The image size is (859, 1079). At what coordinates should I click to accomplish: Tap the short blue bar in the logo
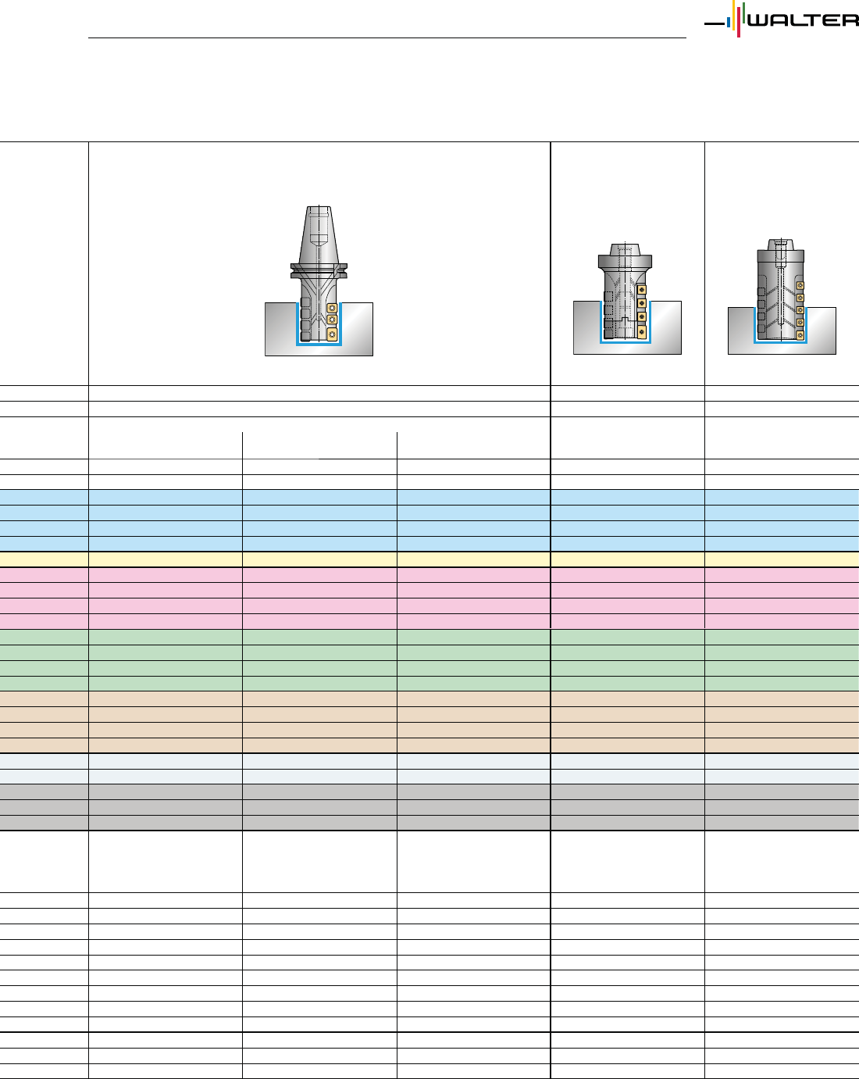[x=729, y=23]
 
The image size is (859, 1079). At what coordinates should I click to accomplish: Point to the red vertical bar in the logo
[x=739, y=24]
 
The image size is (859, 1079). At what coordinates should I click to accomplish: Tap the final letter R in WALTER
[x=850, y=20]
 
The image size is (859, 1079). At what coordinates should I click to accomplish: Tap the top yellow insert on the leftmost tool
[x=333, y=309]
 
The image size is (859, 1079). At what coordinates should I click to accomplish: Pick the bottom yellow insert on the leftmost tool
[x=333, y=335]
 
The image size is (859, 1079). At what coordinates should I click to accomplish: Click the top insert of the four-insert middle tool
[x=641, y=290]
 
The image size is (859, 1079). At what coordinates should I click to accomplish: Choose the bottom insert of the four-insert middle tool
[x=641, y=332]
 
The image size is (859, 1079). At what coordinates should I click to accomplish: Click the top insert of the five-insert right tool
[x=800, y=285]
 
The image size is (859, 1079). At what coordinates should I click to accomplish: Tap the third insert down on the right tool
[x=800, y=309]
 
